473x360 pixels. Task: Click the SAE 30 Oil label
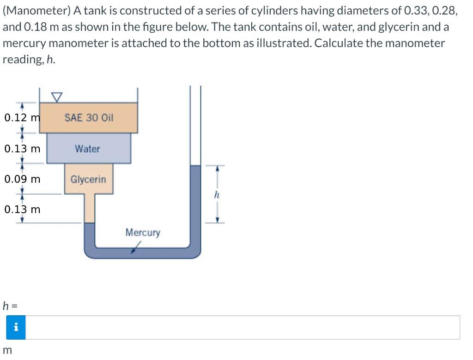(x=89, y=118)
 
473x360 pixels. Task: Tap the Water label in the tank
(x=87, y=149)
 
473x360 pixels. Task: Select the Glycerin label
(x=88, y=180)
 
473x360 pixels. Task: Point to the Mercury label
(x=143, y=232)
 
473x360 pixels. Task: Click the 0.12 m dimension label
(x=22, y=118)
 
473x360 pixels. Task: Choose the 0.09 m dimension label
(x=22, y=179)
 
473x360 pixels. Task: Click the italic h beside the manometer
(x=216, y=195)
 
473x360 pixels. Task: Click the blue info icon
(x=16, y=327)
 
